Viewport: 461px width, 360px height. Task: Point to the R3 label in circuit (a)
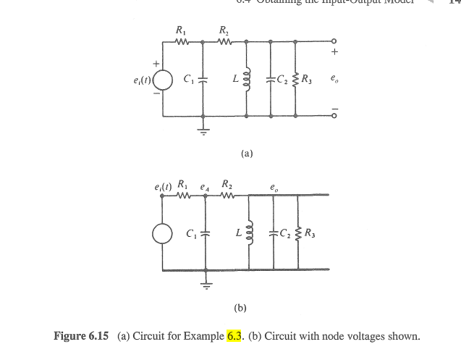pyautogui.click(x=307, y=78)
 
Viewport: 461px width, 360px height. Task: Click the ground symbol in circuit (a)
pyautogui.click(x=203, y=131)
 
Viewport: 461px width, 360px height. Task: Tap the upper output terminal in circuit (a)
pyautogui.click(x=334, y=41)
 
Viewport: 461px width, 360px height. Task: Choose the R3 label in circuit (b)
pyautogui.click(x=310, y=233)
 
